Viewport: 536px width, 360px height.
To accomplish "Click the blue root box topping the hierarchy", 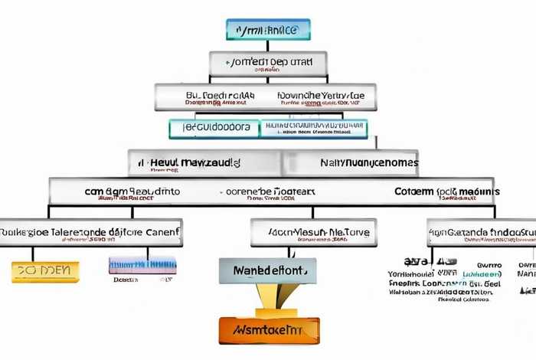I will (268, 30).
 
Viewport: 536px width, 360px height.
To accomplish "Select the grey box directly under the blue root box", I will (268, 63).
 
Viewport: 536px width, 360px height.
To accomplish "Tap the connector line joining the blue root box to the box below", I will (268, 46).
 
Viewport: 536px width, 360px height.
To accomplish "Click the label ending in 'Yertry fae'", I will (321, 97).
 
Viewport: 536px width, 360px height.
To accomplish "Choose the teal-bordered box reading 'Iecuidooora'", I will (214, 128).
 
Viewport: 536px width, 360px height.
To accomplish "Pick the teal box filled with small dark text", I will (313, 129).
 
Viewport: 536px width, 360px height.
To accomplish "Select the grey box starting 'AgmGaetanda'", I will (482, 231).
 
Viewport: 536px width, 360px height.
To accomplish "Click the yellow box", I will (45, 271).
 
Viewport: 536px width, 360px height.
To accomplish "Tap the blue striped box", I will (142, 266).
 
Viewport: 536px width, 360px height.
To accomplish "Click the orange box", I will (270, 329).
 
